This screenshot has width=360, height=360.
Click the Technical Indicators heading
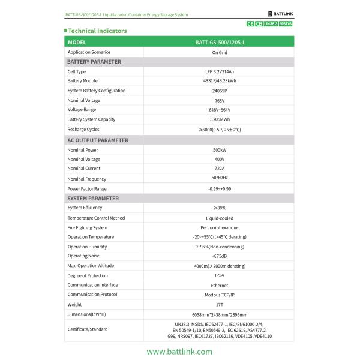[97, 31]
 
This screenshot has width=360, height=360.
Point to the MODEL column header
[77, 43]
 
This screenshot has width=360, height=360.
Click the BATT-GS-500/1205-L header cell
[219, 43]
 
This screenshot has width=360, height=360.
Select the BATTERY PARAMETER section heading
[94, 62]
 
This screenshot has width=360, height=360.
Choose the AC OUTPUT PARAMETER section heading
[98, 140]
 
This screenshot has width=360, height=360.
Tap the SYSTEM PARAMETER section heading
[93, 198]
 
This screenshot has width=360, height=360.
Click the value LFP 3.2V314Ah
[219, 71]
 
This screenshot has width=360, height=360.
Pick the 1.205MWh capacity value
[219, 119]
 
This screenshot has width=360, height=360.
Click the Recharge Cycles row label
[83, 129]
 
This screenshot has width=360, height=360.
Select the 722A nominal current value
[219, 169]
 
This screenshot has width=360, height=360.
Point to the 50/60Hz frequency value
[219, 178]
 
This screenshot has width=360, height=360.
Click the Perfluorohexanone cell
[219, 227]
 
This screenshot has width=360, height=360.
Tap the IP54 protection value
[219, 275]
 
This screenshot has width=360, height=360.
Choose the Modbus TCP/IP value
[219, 295]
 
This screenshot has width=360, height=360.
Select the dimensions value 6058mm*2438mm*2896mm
[219, 314]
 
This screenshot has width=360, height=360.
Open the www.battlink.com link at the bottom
[179, 352]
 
